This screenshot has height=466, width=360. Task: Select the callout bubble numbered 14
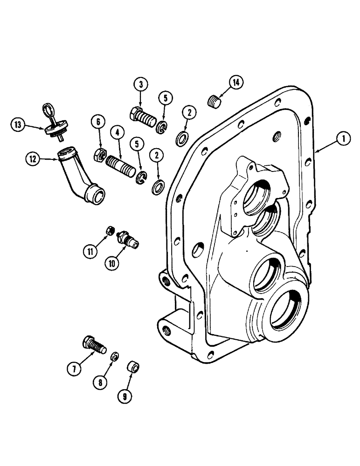236,82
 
